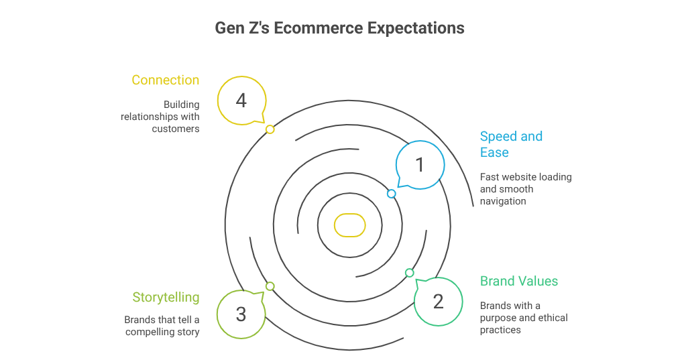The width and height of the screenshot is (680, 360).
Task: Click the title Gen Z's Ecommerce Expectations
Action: (x=339, y=29)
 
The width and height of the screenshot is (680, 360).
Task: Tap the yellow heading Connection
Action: (x=166, y=80)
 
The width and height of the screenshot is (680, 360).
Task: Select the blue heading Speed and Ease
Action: (x=511, y=144)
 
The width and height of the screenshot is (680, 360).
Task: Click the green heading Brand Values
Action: (x=519, y=281)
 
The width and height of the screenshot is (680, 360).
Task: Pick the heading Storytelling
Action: (x=166, y=298)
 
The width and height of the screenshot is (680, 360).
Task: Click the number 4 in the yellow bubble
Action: (x=241, y=101)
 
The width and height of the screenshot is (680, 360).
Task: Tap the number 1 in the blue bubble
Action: (x=420, y=164)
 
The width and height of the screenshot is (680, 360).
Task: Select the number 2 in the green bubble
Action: (x=438, y=302)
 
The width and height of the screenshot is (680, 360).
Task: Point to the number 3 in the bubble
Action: (x=241, y=314)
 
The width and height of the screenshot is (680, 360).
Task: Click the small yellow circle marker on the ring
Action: (x=270, y=129)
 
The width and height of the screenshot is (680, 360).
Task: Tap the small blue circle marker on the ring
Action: (x=392, y=194)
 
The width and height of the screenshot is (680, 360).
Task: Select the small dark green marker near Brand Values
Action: (x=410, y=273)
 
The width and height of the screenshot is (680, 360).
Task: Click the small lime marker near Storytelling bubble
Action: (x=270, y=286)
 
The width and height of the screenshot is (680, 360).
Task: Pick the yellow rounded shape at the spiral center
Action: (x=349, y=225)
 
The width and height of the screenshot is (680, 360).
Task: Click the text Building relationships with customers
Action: (x=161, y=117)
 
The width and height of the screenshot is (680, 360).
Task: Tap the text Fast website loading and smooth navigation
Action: (x=525, y=189)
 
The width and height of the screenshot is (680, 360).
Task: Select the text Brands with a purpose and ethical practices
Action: (x=523, y=318)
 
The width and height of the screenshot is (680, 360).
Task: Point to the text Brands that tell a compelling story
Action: (x=162, y=326)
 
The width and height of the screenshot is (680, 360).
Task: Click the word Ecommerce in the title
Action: (x=324, y=29)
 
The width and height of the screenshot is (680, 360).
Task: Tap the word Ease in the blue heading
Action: (x=494, y=153)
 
